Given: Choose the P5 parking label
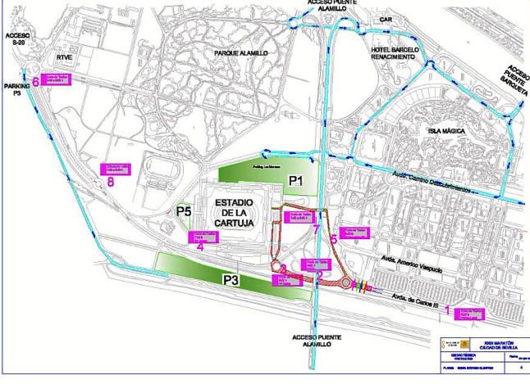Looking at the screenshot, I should [185, 211].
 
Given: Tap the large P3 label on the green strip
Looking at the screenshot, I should [231, 280].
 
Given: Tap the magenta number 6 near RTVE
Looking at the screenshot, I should [36, 81].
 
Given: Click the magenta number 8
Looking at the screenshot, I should [110, 183].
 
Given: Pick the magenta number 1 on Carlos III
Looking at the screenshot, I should [447, 310].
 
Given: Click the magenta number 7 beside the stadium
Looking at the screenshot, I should [317, 228].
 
